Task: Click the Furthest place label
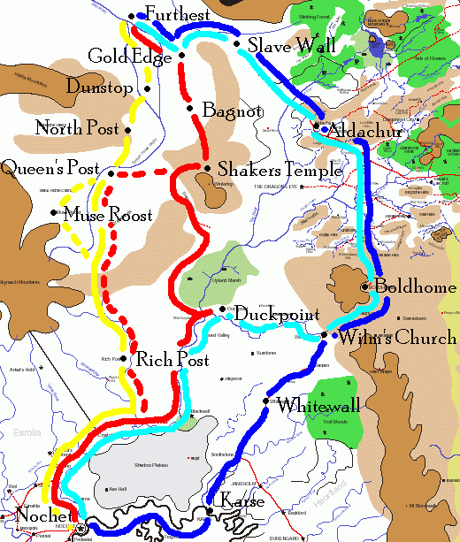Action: (x=177, y=15)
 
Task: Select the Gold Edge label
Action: (x=130, y=57)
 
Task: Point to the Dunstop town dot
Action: (x=147, y=88)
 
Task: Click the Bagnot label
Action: (x=232, y=111)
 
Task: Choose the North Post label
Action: (x=77, y=129)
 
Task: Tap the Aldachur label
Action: (x=365, y=132)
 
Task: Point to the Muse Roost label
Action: (x=108, y=215)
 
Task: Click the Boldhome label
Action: (x=415, y=287)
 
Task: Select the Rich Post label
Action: (x=172, y=361)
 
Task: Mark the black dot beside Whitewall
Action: (x=265, y=402)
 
